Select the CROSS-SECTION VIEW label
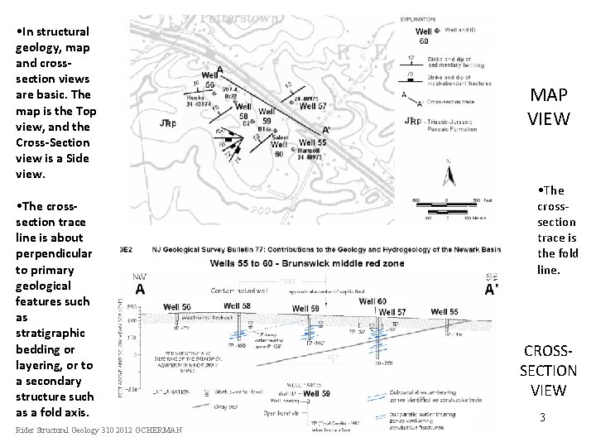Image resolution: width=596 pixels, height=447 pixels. point(549,370)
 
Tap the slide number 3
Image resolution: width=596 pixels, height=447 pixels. point(541,418)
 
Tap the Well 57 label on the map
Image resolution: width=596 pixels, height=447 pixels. point(312,106)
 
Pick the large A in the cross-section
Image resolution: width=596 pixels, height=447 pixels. point(139,288)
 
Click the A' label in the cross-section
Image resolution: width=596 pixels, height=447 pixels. point(492,290)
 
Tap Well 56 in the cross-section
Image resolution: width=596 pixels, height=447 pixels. point(176,307)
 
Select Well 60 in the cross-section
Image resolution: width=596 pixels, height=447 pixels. point(372,301)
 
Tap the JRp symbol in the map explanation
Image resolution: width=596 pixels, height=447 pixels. point(411,121)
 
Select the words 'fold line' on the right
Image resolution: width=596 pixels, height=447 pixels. point(557,262)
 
